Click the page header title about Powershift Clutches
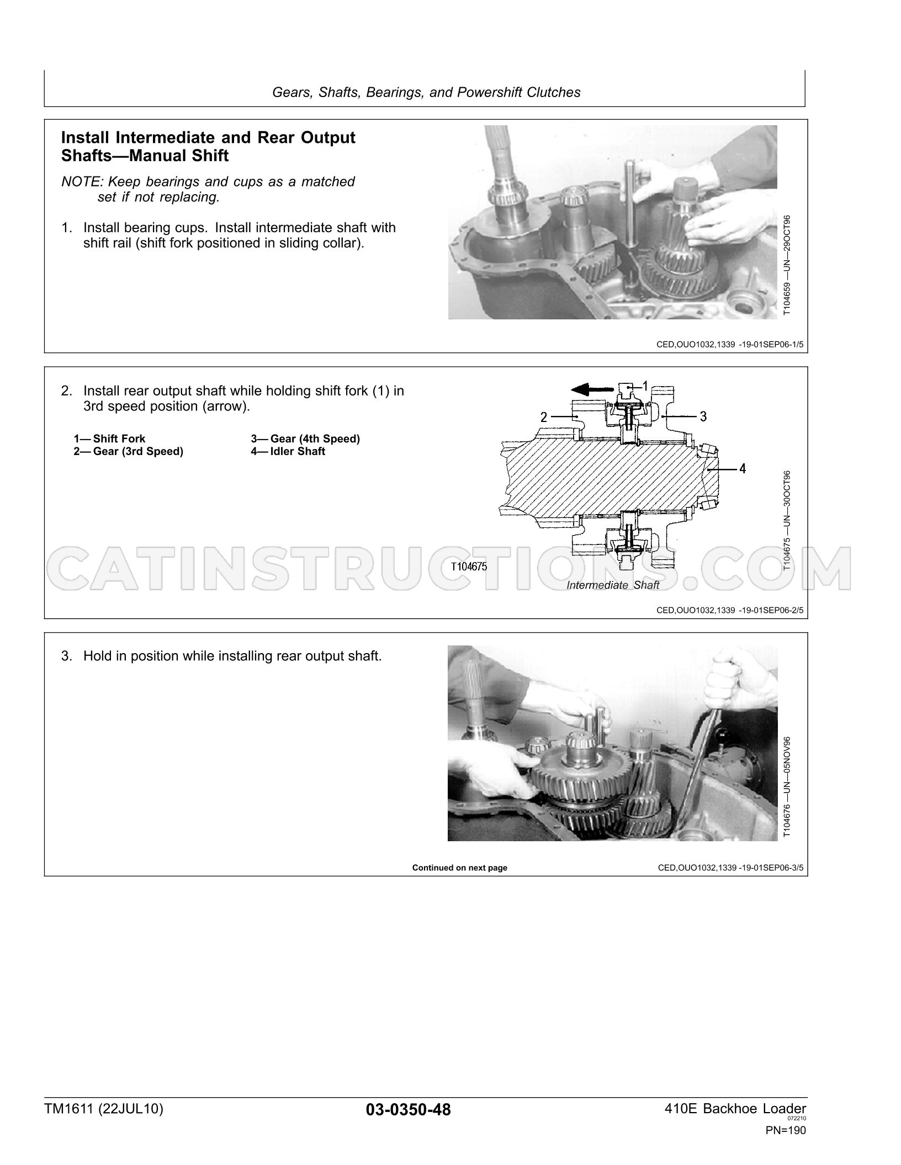point(426,93)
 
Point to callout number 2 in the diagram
point(544,417)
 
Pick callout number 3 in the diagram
point(703,416)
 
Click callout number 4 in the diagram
point(743,469)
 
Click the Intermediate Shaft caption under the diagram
point(613,585)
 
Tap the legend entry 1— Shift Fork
point(109,439)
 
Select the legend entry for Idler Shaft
point(288,451)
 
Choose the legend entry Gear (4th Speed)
point(305,439)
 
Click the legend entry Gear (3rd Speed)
point(128,452)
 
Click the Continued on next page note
point(460,868)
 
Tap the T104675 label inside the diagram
point(469,566)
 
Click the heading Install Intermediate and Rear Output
point(208,137)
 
